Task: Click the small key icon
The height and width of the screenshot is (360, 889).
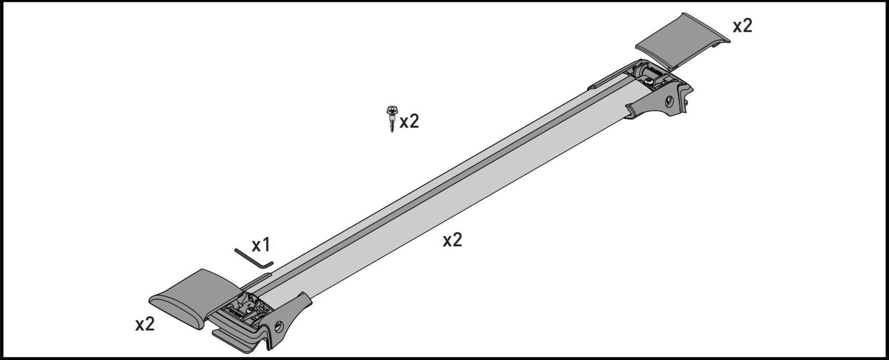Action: pyautogui.click(x=392, y=118)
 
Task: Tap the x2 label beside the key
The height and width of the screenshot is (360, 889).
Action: pyautogui.click(x=409, y=122)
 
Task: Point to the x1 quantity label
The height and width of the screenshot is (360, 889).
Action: pyautogui.click(x=261, y=245)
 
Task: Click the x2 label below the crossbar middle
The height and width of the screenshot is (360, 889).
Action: pyautogui.click(x=452, y=240)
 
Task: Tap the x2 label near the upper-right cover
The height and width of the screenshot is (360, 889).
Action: pyautogui.click(x=742, y=26)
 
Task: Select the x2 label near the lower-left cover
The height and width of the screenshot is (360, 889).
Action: pyautogui.click(x=144, y=324)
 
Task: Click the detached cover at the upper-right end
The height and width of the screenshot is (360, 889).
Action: pyautogui.click(x=683, y=41)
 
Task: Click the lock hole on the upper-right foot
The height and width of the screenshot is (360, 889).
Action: pyautogui.click(x=670, y=102)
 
